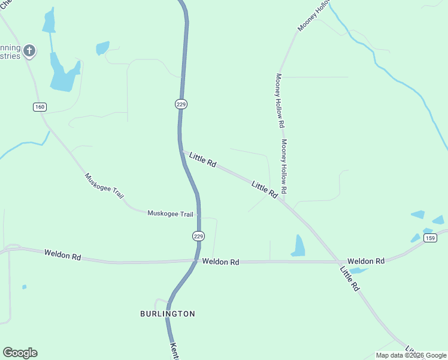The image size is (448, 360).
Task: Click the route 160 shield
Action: click(40, 107)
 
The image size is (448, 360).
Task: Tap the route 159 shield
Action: click(429, 238)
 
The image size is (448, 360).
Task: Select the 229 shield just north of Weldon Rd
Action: click(199, 236)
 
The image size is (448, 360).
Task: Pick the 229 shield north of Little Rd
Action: click(181, 104)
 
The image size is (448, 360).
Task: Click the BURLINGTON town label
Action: click(168, 314)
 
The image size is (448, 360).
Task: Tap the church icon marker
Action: click(29, 51)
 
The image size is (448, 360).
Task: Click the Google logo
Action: click(20, 353)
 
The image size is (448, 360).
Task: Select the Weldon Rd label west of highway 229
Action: click(62, 255)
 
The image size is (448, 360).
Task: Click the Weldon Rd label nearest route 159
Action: click(366, 262)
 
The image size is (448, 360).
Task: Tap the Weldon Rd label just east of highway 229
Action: click(220, 262)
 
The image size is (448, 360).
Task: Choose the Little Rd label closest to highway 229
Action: click(202, 160)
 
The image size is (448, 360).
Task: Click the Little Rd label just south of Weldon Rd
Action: click(349, 279)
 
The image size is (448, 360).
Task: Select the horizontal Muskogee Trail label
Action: click(170, 214)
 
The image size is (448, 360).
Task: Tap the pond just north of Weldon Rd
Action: click(298, 245)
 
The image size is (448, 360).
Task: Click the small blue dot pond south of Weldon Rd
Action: click(24, 287)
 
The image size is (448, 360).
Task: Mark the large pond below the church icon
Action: click(63, 75)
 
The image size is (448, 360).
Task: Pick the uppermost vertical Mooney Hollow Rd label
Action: click(279, 100)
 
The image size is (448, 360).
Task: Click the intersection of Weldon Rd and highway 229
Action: click(197, 260)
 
